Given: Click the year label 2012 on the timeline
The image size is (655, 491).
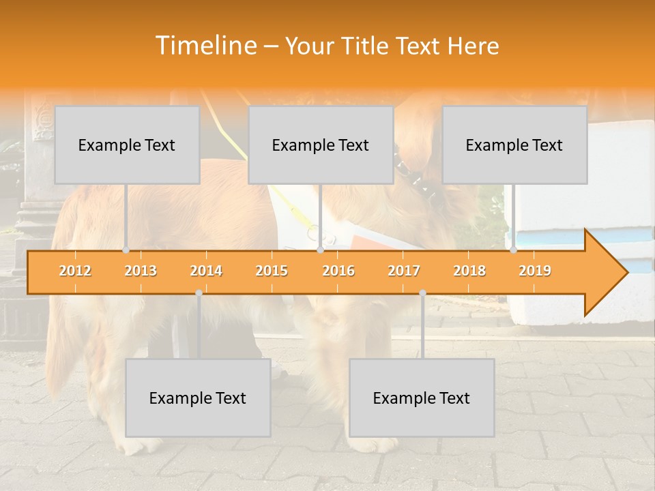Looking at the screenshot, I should (x=75, y=271).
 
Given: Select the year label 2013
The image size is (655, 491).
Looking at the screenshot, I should (x=141, y=271).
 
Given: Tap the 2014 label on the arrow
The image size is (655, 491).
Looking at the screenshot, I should (x=206, y=271).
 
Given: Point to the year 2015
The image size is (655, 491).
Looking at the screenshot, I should (x=272, y=271).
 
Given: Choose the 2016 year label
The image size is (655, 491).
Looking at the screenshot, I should (x=338, y=271).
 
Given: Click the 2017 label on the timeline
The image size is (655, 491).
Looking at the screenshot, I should (x=404, y=271).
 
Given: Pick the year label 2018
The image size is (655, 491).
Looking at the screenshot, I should (x=469, y=271).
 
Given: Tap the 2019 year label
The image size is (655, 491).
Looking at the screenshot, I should (x=535, y=271).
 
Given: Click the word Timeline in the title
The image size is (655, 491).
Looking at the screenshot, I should (x=205, y=46).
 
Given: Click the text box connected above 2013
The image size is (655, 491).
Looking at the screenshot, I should (x=127, y=145).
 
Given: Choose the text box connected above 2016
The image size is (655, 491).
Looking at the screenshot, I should (x=321, y=145).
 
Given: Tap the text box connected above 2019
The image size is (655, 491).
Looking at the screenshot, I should (x=514, y=145).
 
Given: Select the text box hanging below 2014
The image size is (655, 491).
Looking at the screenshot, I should (x=198, y=398).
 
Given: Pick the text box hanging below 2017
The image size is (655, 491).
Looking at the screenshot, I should (x=422, y=398).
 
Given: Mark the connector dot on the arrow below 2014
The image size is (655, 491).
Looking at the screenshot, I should (x=199, y=293).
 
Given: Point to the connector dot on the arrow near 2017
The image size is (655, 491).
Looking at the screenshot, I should (x=422, y=293).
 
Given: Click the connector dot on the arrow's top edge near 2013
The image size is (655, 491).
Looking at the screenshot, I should (x=126, y=250).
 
